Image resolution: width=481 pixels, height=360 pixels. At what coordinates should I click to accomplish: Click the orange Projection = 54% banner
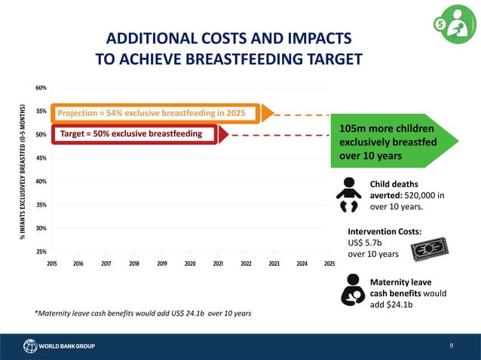[x=155, y=113]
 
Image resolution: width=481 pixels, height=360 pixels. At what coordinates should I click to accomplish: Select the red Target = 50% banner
[x=136, y=134]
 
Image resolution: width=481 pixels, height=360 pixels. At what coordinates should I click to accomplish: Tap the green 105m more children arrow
[x=392, y=141]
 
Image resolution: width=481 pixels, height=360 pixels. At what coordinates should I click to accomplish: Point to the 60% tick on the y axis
[x=41, y=87]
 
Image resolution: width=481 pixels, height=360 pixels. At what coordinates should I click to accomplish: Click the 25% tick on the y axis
[x=41, y=252]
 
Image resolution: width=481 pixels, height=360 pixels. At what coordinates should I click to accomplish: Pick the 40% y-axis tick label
[x=41, y=182]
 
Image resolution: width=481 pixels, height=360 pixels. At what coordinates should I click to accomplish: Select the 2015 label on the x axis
[x=52, y=264]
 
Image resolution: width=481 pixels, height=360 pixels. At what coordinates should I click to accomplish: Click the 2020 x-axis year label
[x=190, y=264]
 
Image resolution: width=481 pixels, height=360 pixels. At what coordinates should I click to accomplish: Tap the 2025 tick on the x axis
[x=329, y=264]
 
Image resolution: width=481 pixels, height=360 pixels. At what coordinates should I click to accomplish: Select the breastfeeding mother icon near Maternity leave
[x=350, y=289]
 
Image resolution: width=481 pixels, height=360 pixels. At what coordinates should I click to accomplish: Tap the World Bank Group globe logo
[x=30, y=346]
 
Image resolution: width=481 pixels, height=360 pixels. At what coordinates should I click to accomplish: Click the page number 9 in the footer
[x=450, y=346]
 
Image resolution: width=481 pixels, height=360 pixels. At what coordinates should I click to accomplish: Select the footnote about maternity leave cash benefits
[x=143, y=313]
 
